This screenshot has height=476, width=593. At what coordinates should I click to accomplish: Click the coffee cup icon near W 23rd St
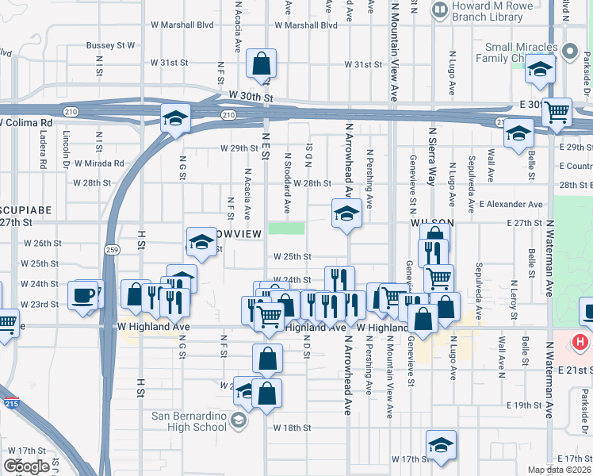(84, 296)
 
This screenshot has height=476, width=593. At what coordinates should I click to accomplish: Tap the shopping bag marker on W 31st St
(261, 64)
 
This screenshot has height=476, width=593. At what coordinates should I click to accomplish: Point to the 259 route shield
(112, 248)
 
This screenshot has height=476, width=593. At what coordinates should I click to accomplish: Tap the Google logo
(26, 466)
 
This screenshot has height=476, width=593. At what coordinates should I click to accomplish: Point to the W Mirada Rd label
(101, 163)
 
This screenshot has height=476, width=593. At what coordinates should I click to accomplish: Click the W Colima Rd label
(27, 123)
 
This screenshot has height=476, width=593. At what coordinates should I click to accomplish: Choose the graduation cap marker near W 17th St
(441, 446)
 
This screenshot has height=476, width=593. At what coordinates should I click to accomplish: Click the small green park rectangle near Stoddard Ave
(285, 228)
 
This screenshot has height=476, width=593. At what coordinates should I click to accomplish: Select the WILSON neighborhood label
(431, 224)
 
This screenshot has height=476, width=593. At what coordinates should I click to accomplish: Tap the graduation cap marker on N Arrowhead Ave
(346, 213)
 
